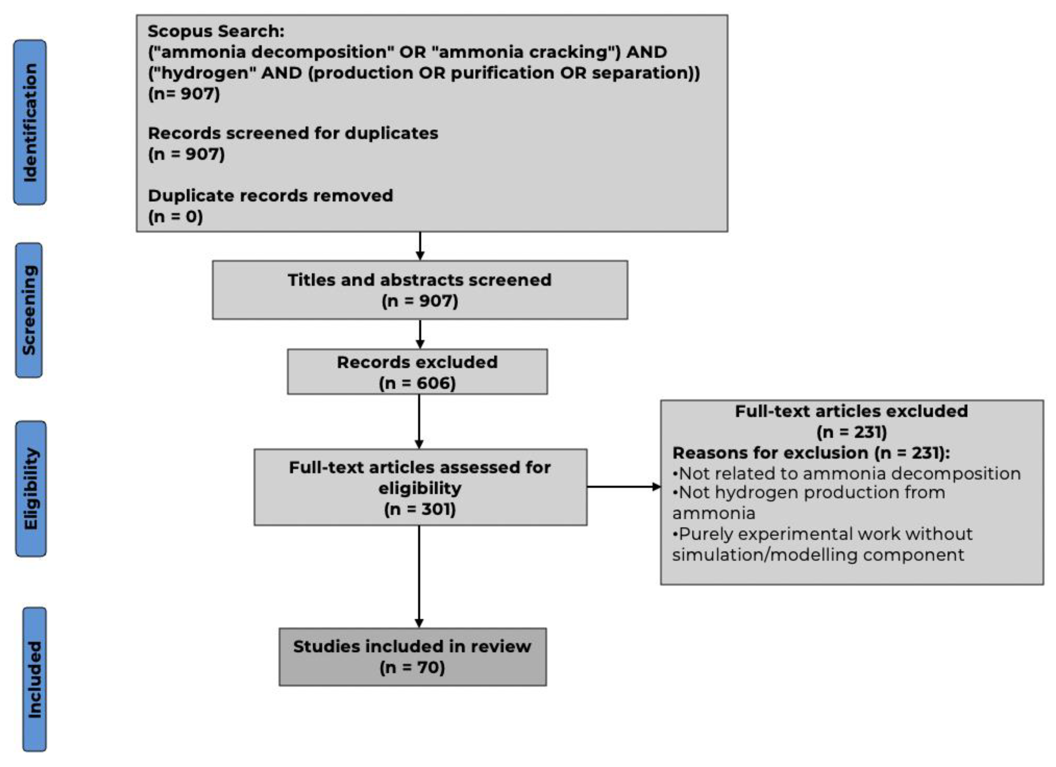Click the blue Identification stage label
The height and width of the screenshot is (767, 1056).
[x=30, y=122]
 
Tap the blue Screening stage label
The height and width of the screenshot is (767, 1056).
[x=29, y=310]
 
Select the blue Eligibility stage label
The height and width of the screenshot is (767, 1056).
[x=31, y=489]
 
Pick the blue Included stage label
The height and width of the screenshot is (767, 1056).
[x=34, y=679]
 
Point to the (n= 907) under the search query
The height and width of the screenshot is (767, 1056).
[x=184, y=93]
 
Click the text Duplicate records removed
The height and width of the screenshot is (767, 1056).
[x=270, y=196]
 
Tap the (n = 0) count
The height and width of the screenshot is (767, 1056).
[x=176, y=216]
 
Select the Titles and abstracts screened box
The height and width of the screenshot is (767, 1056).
[x=420, y=290]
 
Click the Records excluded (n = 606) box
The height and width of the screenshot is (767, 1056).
[x=417, y=372]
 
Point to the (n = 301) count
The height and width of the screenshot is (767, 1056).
[x=420, y=509]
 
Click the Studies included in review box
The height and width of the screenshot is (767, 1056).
[x=413, y=657]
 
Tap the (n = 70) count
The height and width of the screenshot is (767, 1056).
[x=413, y=667]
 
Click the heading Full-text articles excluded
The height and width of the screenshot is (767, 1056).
[x=851, y=411]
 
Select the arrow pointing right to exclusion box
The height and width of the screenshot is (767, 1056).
[x=624, y=487]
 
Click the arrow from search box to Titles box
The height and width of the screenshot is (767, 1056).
[x=420, y=246]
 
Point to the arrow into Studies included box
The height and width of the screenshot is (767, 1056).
[x=419, y=577]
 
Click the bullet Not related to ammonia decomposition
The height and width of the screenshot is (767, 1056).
[x=846, y=473]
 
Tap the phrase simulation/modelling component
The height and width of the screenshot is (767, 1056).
[x=818, y=555]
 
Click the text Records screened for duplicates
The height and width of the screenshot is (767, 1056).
[x=293, y=133]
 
